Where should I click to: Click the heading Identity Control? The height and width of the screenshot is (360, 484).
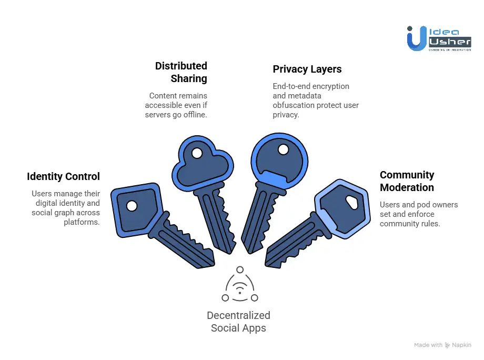pyautogui.click(x=64, y=176)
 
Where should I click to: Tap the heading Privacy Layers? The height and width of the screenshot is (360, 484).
pyautogui.click(x=307, y=69)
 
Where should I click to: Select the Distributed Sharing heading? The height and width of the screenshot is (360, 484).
pyautogui.click(x=181, y=72)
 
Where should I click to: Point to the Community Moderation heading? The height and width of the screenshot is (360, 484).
pyautogui.click(x=407, y=181)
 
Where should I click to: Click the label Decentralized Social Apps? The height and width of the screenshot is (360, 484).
pyautogui.click(x=238, y=322)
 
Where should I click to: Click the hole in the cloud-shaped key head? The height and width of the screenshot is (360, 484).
pyautogui.click(x=197, y=154)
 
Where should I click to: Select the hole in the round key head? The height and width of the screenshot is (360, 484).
pyautogui.click(x=283, y=149)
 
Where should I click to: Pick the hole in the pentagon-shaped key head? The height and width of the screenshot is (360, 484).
pyautogui.click(x=132, y=205)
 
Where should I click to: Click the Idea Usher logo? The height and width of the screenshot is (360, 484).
pyautogui.click(x=439, y=38)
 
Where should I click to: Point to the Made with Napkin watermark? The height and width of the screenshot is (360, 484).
pyautogui.click(x=442, y=345)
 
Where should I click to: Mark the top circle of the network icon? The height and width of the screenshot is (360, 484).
pyautogui.click(x=240, y=269)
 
